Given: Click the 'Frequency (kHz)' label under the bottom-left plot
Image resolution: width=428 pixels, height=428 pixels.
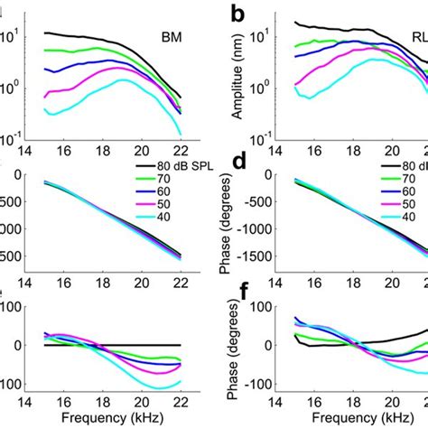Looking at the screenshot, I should (113, 419).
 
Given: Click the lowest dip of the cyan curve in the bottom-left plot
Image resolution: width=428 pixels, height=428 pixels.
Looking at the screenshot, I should (158, 388).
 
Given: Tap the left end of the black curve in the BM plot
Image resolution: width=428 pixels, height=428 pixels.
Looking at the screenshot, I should (44, 33).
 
